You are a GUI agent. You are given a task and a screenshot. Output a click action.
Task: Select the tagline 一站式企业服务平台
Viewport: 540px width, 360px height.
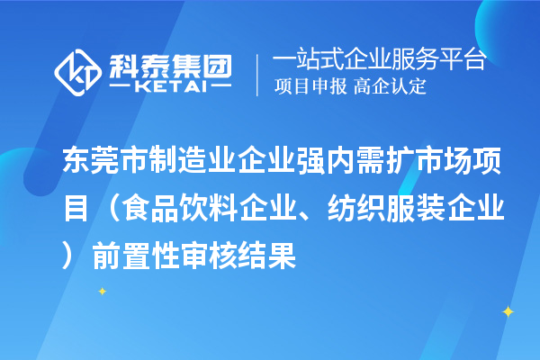(380, 60)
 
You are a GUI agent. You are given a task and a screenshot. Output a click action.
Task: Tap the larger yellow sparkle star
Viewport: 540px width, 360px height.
(507, 311)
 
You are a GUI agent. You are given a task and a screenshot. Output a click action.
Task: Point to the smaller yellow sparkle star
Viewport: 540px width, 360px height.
(102, 291)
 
